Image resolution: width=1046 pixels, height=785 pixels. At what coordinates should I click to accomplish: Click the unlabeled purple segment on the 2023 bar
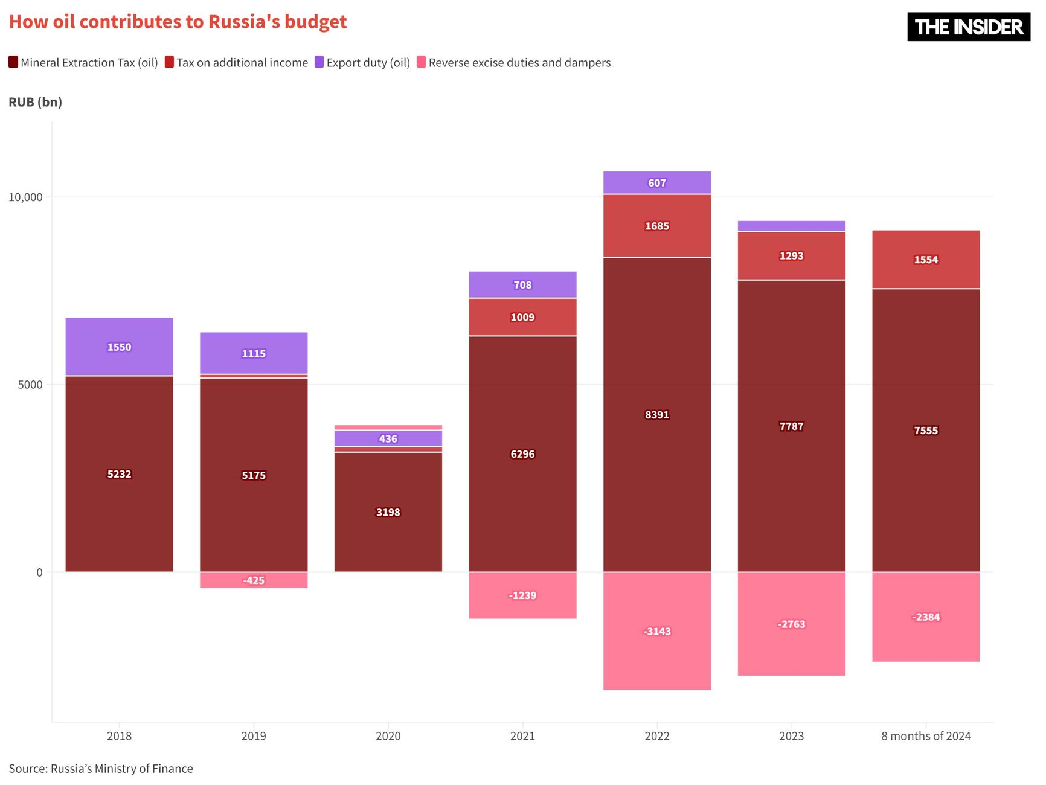tap(791, 226)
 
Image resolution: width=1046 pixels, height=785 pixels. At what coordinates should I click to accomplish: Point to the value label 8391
tap(657, 415)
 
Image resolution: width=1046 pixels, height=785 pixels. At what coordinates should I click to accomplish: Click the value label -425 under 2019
tap(254, 580)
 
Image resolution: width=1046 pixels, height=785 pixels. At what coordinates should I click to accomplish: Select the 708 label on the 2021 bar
tap(522, 285)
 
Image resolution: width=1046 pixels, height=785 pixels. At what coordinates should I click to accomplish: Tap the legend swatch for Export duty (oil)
tap(319, 62)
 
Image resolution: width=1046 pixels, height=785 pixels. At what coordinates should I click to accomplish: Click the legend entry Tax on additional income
tap(242, 63)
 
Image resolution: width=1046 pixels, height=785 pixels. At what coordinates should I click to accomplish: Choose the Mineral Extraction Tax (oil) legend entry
tap(89, 63)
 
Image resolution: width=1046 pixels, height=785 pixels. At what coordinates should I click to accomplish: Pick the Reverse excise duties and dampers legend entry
tap(519, 63)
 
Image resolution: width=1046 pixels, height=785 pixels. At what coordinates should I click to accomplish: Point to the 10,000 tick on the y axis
tap(25, 197)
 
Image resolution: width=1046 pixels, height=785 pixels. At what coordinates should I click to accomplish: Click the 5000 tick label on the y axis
tap(30, 385)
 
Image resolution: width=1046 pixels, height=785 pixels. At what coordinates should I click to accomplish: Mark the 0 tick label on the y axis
tap(40, 572)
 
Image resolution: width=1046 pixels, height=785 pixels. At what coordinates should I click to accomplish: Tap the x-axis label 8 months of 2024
tap(926, 736)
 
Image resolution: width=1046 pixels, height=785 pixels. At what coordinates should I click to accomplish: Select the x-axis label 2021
tap(522, 736)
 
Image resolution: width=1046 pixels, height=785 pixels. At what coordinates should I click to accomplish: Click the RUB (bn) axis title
tap(36, 102)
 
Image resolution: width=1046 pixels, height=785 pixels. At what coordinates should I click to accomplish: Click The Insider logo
tap(968, 27)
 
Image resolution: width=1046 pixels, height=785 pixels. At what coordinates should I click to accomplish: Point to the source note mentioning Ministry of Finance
tap(101, 769)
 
